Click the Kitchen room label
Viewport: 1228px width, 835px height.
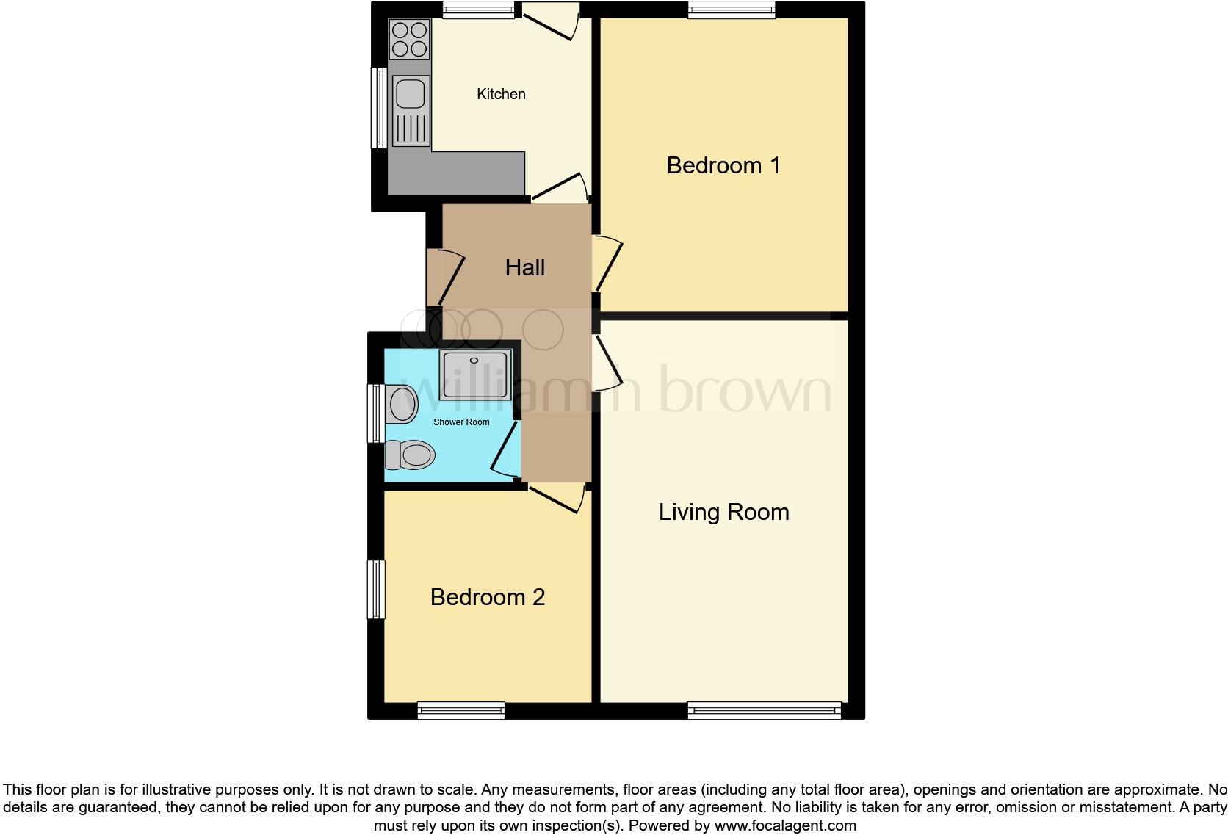[x=501, y=94]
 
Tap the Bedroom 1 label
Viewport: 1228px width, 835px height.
[x=723, y=165]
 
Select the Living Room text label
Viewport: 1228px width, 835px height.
[x=723, y=512]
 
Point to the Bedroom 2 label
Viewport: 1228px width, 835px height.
[x=488, y=597]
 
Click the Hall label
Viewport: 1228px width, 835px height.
[x=524, y=267]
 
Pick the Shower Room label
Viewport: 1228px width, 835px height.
[x=461, y=422]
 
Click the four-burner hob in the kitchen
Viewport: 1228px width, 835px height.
[x=410, y=40]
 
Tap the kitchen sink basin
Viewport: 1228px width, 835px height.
[x=410, y=94]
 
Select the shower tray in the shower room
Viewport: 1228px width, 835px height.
[x=475, y=375]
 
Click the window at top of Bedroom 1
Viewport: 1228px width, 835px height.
[x=732, y=10]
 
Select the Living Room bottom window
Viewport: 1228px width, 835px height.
[x=764, y=710]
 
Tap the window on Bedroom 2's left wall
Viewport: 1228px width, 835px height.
[x=376, y=589]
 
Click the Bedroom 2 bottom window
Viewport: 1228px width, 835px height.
[x=460, y=710]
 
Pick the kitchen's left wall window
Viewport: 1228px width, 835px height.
[x=379, y=107]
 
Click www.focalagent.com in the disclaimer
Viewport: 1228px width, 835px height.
[x=785, y=825]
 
